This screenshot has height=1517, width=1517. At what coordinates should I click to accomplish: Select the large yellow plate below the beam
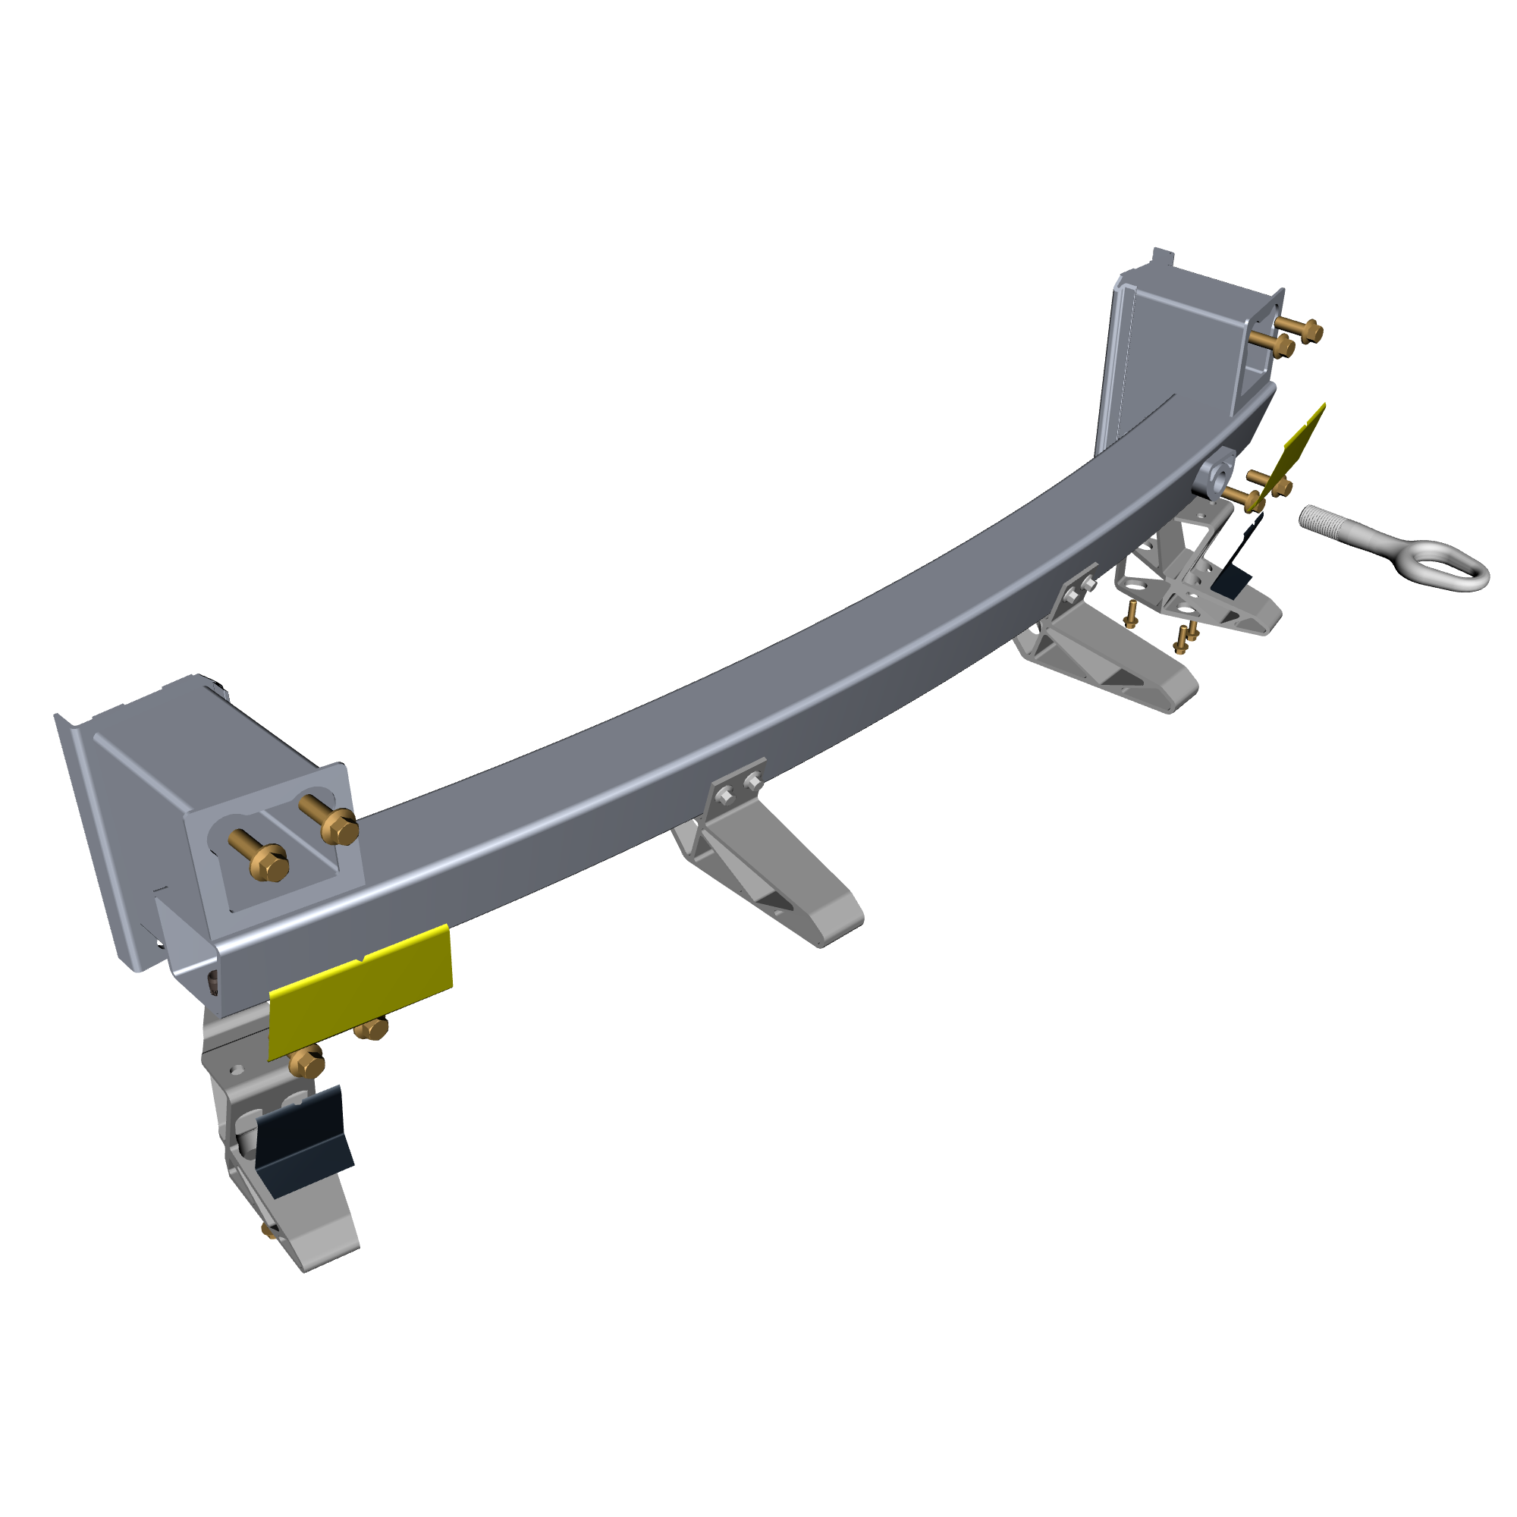click(x=360, y=991)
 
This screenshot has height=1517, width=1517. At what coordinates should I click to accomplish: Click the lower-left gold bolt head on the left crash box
click(x=272, y=865)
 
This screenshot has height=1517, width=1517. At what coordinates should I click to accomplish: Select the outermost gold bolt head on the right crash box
click(x=1312, y=332)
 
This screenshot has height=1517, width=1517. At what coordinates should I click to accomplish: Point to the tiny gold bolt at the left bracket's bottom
click(x=269, y=1230)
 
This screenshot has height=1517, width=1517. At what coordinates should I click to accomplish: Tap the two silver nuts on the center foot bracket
click(x=739, y=788)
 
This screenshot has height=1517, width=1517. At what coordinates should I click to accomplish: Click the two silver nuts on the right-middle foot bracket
click(x=1079, y=589)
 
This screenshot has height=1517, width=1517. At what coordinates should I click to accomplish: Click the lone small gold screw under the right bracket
click(x=1131, y=614)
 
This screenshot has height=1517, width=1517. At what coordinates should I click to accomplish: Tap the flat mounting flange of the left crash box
click(x=94, y=840)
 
